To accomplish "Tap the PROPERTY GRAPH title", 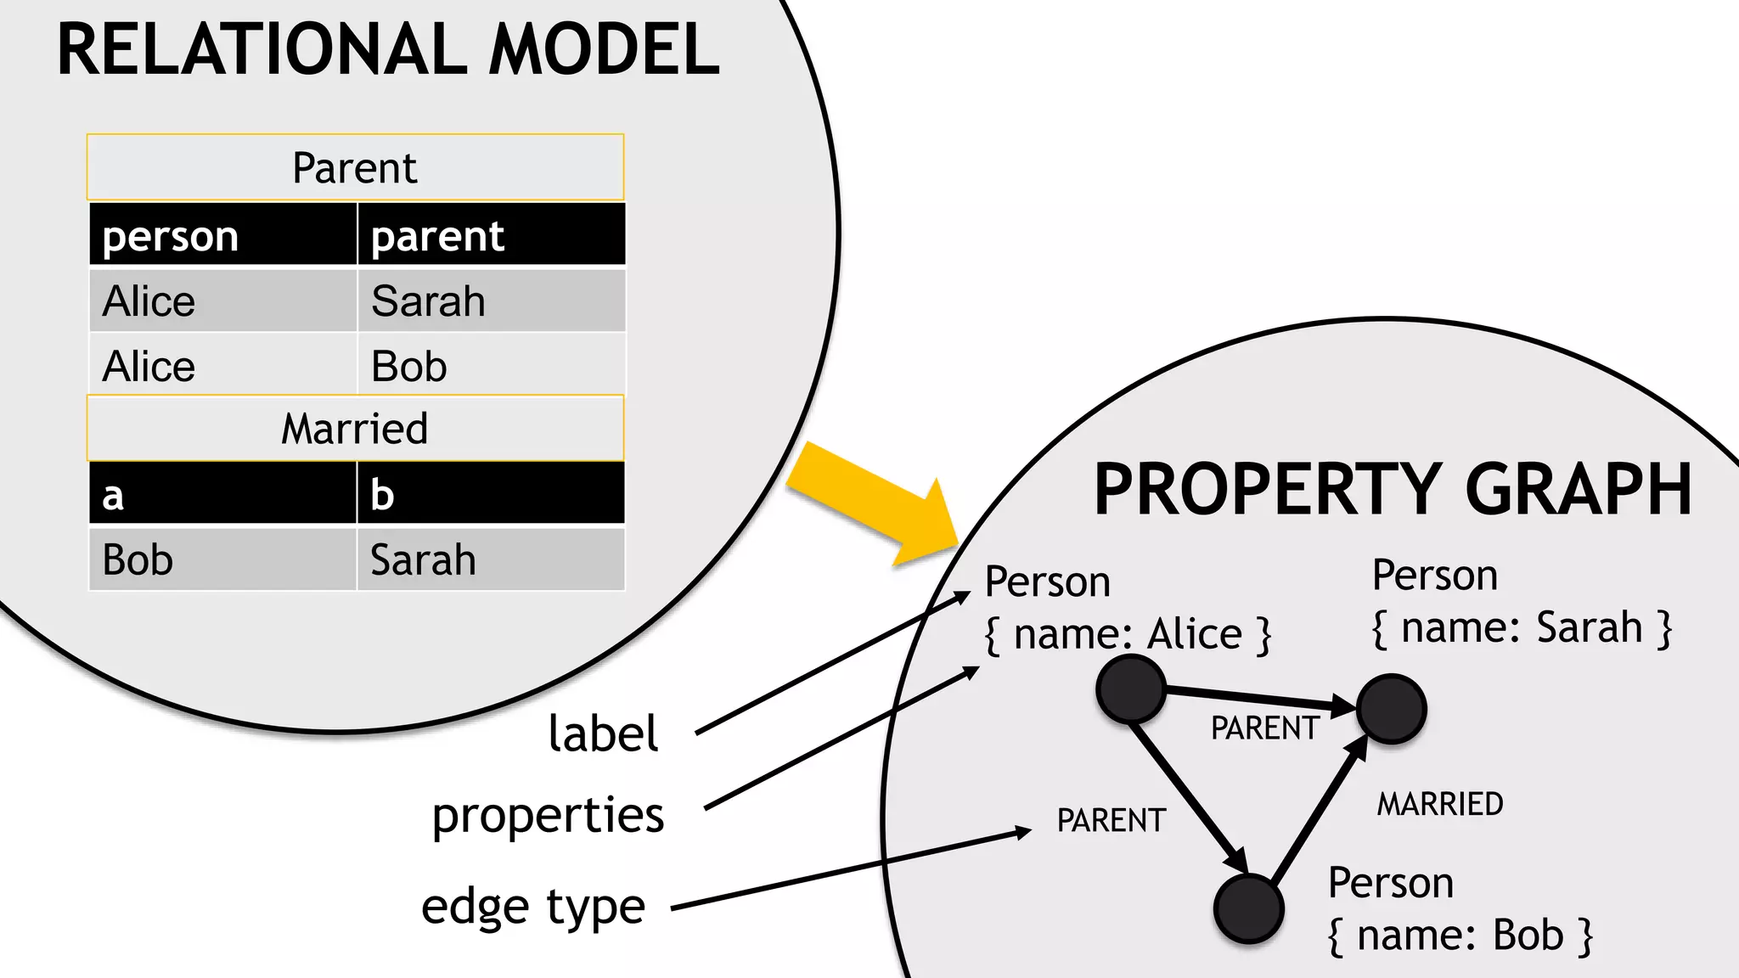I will [1393, 490].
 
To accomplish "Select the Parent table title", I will [355, 167].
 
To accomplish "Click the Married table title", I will [355, 428].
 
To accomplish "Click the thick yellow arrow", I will [875, 501].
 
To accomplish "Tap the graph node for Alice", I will [1130, 689].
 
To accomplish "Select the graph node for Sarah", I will [1391, 708].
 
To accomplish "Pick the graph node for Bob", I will [1248, 908].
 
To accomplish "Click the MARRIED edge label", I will [1440, 804].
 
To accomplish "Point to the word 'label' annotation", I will [603, 733].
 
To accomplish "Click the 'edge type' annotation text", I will [533, 907].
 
